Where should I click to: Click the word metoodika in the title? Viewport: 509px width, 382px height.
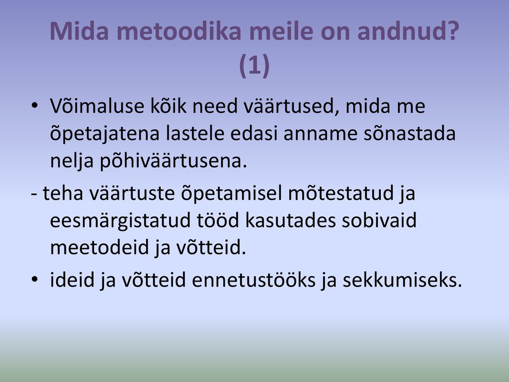coord(179,31)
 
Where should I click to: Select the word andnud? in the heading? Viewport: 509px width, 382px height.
coord(408,31)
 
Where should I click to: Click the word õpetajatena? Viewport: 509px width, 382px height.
coord(105,133)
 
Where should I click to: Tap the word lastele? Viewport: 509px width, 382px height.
coord(195,133)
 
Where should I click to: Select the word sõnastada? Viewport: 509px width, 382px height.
coord(409,133)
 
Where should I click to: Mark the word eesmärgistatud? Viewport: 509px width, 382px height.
coord(120,220)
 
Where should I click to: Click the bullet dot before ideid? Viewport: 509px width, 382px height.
coord(34,280)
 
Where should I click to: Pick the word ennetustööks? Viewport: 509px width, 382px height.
coord(254,280)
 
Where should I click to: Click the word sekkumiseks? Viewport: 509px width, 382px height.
coord(402,280)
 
